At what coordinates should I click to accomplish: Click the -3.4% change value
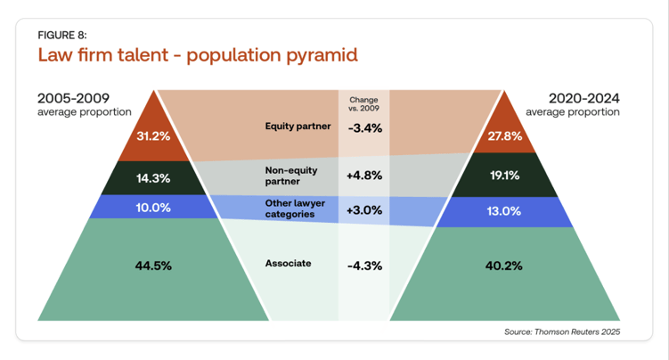pos(364,127)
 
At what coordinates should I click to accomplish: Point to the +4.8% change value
pos(364,175)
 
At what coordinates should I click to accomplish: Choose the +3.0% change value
pos(364,210)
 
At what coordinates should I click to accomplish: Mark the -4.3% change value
pos(364,265)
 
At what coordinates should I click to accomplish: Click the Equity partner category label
pos(298,127)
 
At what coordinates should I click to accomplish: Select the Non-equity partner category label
pos(290,175)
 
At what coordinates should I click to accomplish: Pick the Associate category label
pos(288,264)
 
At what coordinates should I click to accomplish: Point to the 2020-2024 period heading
pos(584,98)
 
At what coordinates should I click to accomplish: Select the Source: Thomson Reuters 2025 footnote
pos(561,331)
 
